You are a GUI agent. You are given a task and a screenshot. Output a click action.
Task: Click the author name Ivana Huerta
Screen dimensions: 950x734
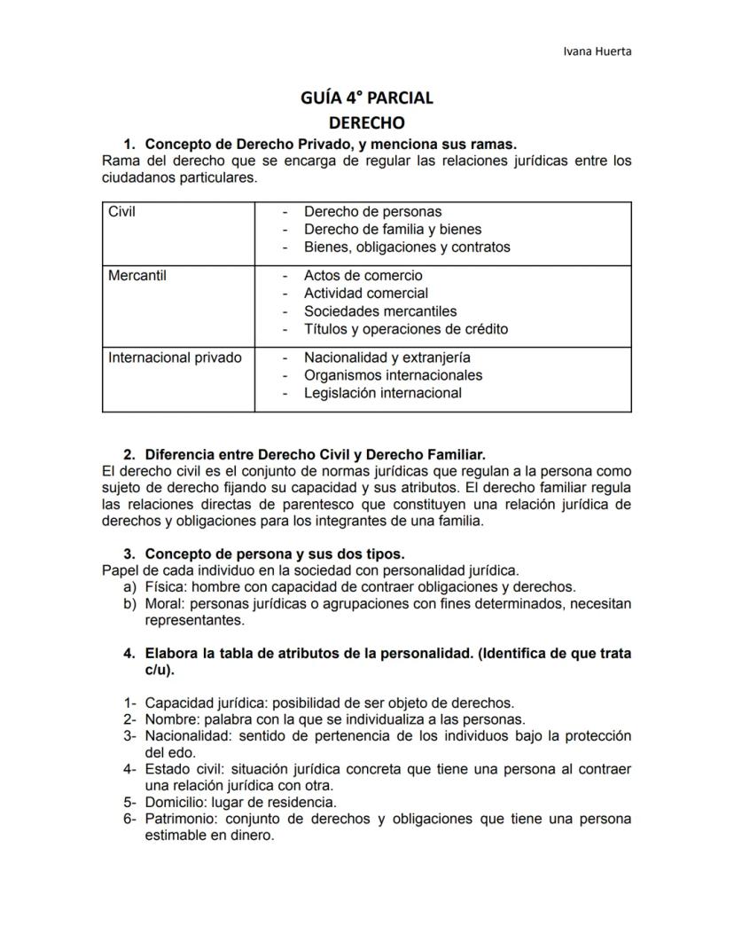pyautogui.click(x=597, y=51)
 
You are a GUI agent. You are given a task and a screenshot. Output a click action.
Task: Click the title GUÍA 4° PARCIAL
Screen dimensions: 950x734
pyautogui.click(x=366, y=98)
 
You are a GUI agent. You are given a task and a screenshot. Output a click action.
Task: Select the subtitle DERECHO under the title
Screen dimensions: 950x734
pyautogui.click(x=366, y=122)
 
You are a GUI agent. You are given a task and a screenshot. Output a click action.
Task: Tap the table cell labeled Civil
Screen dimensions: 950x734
pyautogui.click(x=122, y=212)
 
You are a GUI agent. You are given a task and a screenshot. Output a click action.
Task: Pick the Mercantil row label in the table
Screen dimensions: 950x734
pyautogui.click(x=137, y=276)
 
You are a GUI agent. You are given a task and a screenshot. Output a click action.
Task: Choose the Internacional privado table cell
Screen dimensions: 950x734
pyautogui.click(x=175, y=358)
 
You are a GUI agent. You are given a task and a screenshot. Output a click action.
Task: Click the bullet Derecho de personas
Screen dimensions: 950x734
pyautogui.click(x=372, y=212)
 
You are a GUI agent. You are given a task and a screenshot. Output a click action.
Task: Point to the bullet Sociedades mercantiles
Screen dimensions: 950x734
pyautogui.click(x=380, y=311)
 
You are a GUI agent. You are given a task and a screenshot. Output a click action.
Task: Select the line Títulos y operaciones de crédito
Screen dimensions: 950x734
pyautogui.click(x=406, y=329)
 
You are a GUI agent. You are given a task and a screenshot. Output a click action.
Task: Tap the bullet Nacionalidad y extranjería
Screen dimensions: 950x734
pyautogui.click(x=387, y=358)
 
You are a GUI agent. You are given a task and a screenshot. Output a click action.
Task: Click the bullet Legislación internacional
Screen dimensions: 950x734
pyautogui.click(x=382, y=393)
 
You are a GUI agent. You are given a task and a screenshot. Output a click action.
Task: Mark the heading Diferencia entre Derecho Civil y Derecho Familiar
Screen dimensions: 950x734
pyautogui.click(x=315, y=455)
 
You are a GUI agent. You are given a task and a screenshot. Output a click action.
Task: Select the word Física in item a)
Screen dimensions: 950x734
pyautogui.click(x=165, y=587)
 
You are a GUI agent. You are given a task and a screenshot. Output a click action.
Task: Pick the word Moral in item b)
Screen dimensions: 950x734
pyautogui.click(x=165, y=604)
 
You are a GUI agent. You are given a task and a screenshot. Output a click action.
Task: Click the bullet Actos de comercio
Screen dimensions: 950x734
pyautogui.click(x=363, y=276)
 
